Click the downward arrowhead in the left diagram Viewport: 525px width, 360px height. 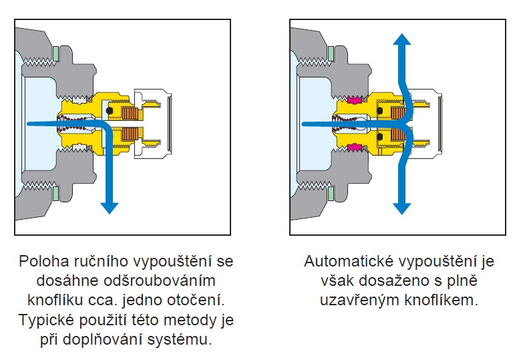point(110,208)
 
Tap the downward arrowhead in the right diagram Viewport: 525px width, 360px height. point(401,208)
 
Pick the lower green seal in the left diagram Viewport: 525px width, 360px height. point(56,194)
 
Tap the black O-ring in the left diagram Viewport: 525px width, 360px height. point(110,110)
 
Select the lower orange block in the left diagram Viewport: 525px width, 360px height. point(129,134)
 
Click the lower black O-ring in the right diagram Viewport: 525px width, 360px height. point(379,137)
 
